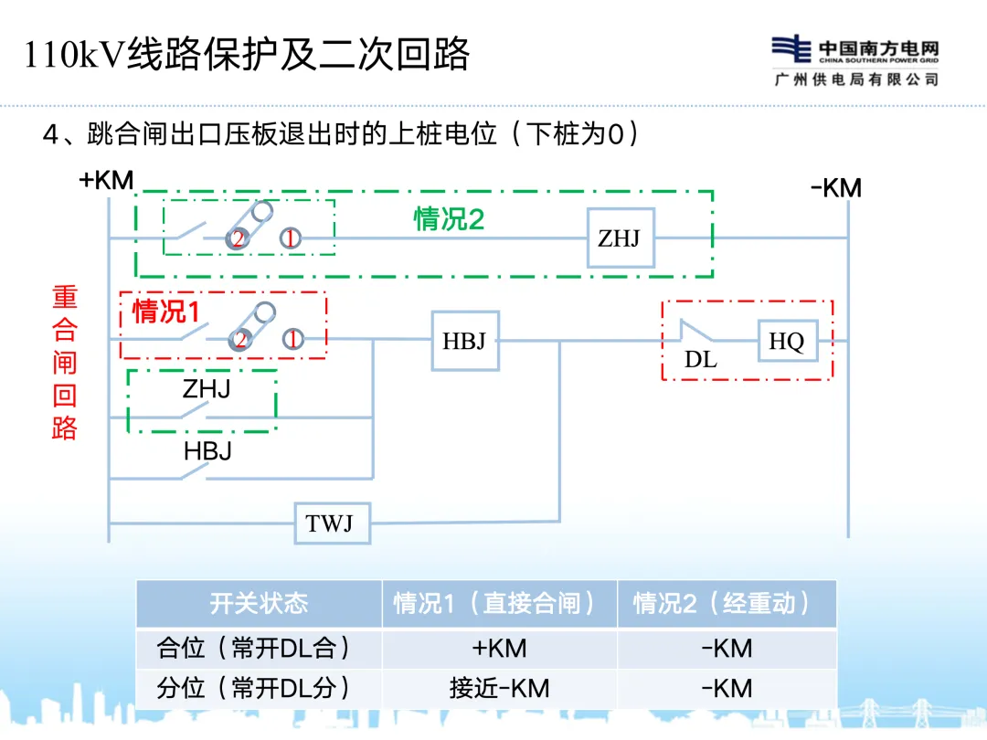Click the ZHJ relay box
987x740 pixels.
(x=620, y=238)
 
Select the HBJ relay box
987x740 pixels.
(x=464, y=342)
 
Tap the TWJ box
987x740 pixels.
(x=330, y=523)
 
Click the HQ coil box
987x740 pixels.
(x=787, y=342)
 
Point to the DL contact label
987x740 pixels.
(x=701, y=360)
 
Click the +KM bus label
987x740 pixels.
(x=106, y=180)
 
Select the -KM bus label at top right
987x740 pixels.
(x=835, y=189)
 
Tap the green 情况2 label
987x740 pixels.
(x=449, y=219)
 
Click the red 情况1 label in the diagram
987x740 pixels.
(x=165, y=312)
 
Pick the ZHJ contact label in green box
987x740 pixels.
(x=207, y=389)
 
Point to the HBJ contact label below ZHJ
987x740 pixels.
(x=207, y=450)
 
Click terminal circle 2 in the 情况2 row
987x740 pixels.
(x=239, y=239)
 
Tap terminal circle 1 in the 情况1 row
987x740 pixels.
(x=292, y=340)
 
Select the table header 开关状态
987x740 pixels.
(x=259, y=603)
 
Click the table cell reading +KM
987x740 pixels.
(x=499, y=648)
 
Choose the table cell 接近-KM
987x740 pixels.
(x=499, y=688)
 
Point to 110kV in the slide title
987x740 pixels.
(x=75, y=55)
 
